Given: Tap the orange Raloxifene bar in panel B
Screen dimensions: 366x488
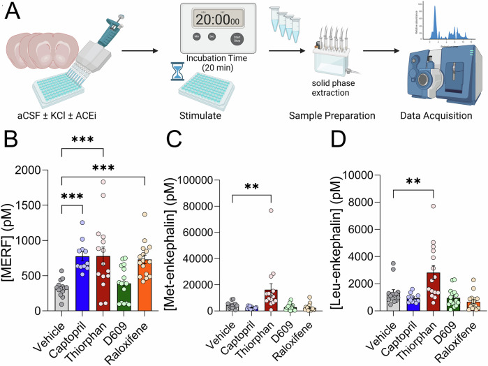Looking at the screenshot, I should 144,287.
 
